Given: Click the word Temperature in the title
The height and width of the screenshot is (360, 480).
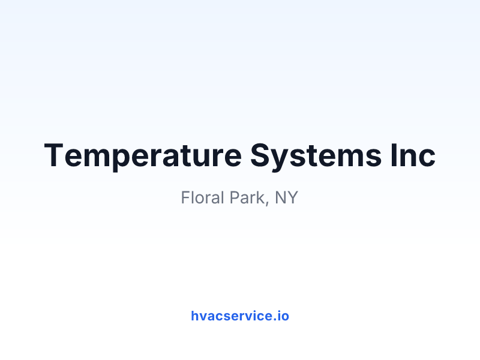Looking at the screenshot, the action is pos(143,156).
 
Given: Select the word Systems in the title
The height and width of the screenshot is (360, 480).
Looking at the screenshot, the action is pos(316,156).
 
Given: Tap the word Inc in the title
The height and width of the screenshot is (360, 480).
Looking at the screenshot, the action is pos(413,155).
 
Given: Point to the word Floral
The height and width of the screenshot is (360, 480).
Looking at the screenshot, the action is pos(203,197).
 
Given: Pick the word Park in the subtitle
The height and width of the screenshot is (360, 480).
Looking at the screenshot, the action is pos(247,197).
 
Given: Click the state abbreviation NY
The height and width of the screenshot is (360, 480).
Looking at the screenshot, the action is pos(287,197).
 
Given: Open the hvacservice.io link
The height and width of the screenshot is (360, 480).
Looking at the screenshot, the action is pos(240,316).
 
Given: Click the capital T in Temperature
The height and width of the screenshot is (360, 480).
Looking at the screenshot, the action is pos(54,155).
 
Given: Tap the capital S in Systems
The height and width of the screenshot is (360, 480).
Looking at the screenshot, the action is pos(261,155).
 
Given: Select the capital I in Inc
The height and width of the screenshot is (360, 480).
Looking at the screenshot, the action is pos(394,155).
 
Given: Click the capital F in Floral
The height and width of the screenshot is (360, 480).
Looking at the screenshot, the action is pos(185,197).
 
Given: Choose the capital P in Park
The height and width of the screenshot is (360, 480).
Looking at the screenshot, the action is pos(235,197).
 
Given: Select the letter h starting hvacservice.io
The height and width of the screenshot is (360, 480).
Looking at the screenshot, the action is pos(195,316).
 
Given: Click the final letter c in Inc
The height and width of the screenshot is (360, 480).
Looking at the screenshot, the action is pos(427,158).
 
